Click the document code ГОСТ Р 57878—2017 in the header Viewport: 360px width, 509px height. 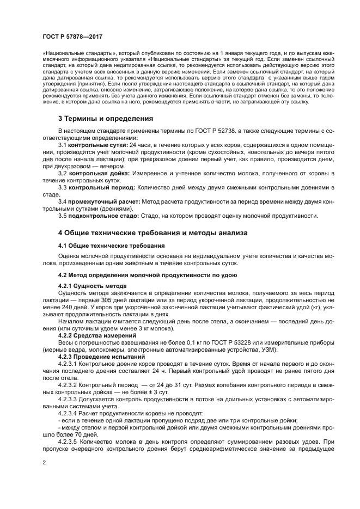point(72,36)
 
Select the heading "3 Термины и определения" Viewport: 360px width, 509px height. point(106,118)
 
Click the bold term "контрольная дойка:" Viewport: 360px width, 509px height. point(100,173)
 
